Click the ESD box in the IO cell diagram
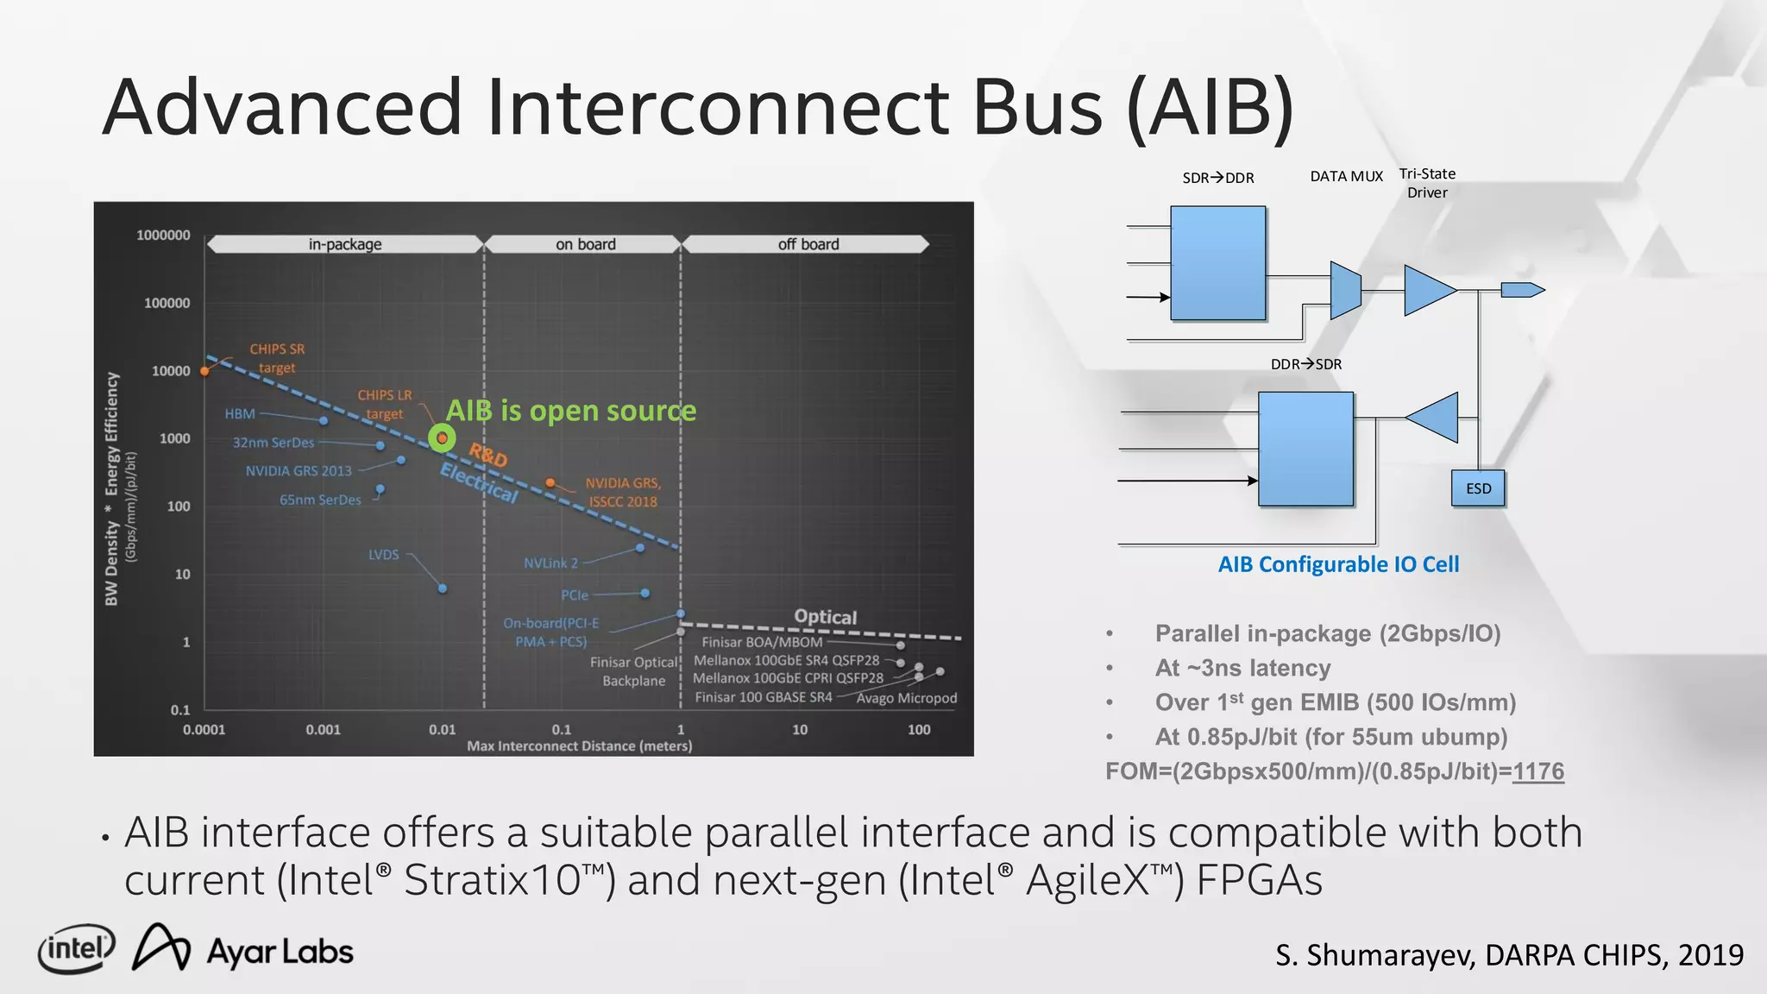[1478, 488]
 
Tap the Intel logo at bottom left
[76, 950]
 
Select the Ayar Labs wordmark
[280, 952]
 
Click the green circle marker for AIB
[442, 438]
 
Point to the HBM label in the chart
[240, 414]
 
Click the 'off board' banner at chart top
[808, 244]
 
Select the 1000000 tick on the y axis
[163, 235]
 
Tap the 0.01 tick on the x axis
[442, 730]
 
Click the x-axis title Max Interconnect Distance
[579, 746]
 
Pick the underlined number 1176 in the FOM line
[1537, 771]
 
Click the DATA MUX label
[1346, 177]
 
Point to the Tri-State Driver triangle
[1427, 290]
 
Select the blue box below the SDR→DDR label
[1217, 263]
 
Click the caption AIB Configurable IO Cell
[1338, 564]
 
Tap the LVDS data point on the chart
[443, 588]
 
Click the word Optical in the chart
[825, 617]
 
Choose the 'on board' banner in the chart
[585, 244]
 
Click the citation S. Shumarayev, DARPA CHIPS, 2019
[1509, 955]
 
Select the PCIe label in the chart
[575, 595]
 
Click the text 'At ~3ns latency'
[1242, 668]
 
